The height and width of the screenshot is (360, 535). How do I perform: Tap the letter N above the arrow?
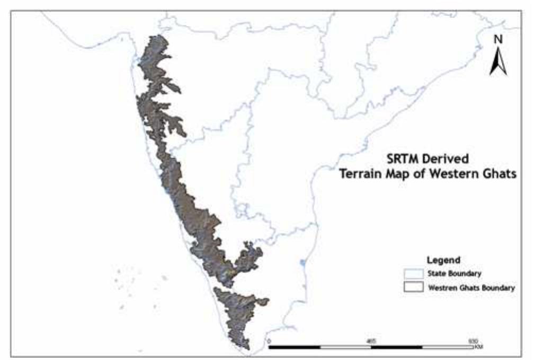pyautogui.click(x=497, y=39)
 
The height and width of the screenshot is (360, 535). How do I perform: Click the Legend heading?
pyautogui.click(x=443, y=260)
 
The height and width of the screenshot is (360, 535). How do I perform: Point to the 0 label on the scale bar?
pyautogui.click(x=269, y=340)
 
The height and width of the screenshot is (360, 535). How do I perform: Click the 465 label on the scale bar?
pyautogui.click(x=371, y=340)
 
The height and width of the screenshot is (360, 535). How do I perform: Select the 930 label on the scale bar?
pyautogui.click(x=473, y=340)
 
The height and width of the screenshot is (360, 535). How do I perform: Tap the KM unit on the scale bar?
pyautogui.click(x=479, y=347)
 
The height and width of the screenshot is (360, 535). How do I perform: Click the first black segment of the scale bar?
pyautogui.click(x=295, y=347)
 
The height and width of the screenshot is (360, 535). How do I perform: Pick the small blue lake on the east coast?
pyautogui.click(x=302, y=262)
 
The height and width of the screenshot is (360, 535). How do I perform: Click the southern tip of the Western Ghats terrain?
pyautogui.click(x=247, y=348)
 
